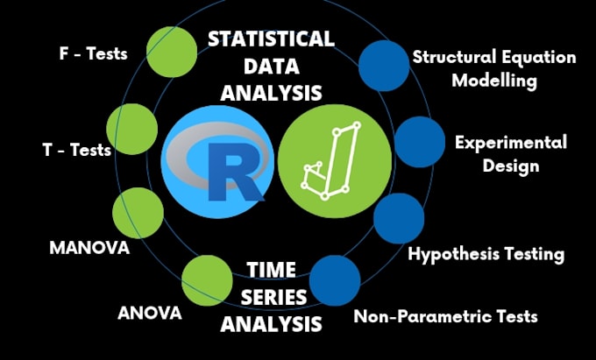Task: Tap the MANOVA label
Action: [89, 248]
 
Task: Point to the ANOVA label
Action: [149, 313]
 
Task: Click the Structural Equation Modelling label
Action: [494, 68]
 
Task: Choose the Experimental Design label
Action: [510, 152]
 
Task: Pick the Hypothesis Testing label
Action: [486, 255]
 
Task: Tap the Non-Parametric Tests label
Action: [445, 315]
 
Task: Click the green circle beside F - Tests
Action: [171, 50]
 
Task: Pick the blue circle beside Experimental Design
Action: [420, 142]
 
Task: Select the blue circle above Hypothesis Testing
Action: [399, 219]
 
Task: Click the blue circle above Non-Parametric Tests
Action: [335, 280]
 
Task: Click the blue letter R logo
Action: [216, 162]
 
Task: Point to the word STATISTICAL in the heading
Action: [271, 39]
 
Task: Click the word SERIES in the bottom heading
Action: [271, 296]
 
